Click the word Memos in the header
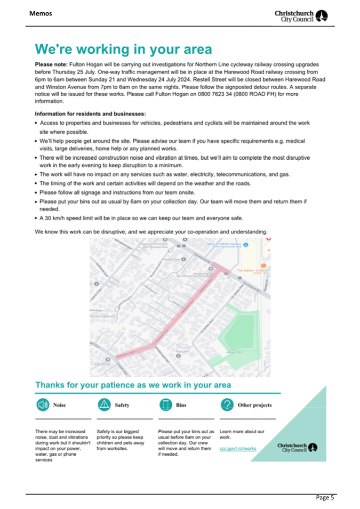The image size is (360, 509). (41, 13)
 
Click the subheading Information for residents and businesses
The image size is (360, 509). (90, 114)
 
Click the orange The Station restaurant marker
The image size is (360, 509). (263, 265)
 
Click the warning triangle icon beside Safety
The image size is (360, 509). (105, 406)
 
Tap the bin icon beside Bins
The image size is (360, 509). (165, 406)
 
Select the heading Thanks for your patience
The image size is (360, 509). (133, 385)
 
